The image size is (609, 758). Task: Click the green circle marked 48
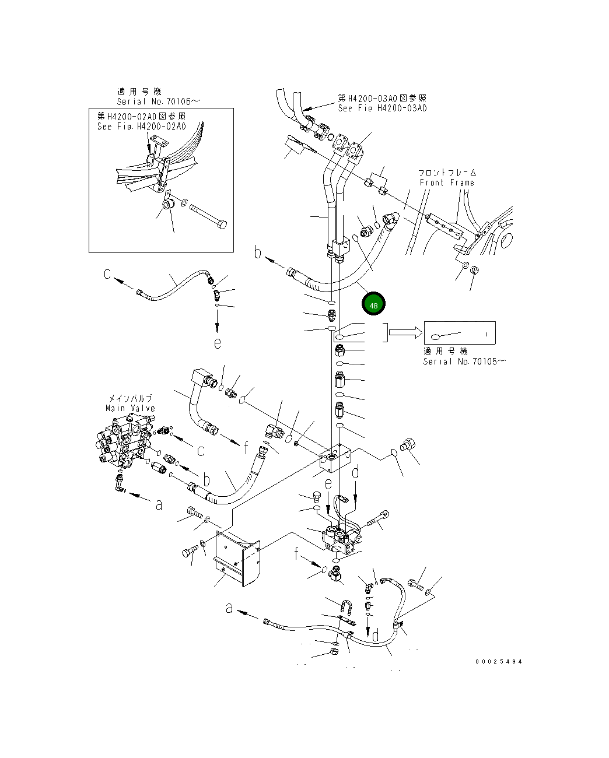pos(373,304)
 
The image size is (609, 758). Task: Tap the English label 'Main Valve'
pos(130,408)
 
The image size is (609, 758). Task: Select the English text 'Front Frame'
pos(447,183)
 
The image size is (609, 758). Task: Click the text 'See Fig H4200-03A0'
pos(382,108)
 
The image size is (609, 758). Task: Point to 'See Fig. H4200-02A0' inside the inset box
pos(142,127)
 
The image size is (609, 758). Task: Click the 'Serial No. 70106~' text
pos(157,101)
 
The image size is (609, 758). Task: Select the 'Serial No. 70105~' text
pos(464,362)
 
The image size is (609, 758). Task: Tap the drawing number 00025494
pos(499,661)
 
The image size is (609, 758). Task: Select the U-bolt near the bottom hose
pos(346,609)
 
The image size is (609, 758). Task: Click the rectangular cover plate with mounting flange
pos(236,557)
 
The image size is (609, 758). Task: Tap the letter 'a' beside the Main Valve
pos(159,505)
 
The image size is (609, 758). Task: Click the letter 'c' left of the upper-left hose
pos(107,273)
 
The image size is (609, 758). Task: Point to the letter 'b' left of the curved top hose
pos(258,252)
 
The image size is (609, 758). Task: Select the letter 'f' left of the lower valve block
pos(297,553)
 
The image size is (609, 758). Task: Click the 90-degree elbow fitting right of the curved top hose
pos(391,220)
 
